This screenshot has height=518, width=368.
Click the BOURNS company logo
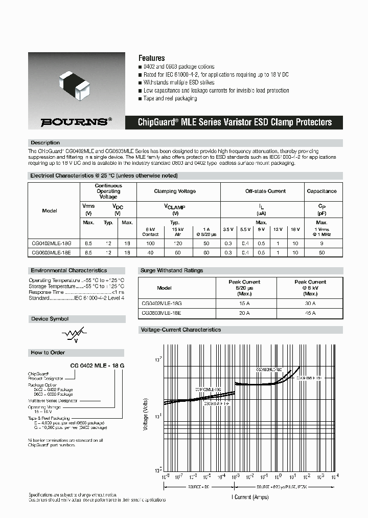click(76, 122)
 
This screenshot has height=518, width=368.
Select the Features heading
click(152, 58)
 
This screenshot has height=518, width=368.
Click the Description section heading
click(45, 142)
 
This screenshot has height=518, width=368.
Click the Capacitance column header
click(321, 191)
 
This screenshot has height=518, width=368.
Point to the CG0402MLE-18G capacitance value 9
click(321, 245)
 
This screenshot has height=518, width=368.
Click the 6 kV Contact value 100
click(150, 245)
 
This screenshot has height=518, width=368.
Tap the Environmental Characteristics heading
click(69, 270)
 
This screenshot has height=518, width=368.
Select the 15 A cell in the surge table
click(244, 304)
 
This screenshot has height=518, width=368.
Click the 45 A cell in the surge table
click(310, 313)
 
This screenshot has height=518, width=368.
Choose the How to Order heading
click(48, 353)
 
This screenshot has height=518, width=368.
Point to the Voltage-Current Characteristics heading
click(180, 330)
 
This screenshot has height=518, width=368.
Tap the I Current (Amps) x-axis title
click(250, 496)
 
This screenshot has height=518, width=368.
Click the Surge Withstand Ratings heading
click(171, 270)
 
